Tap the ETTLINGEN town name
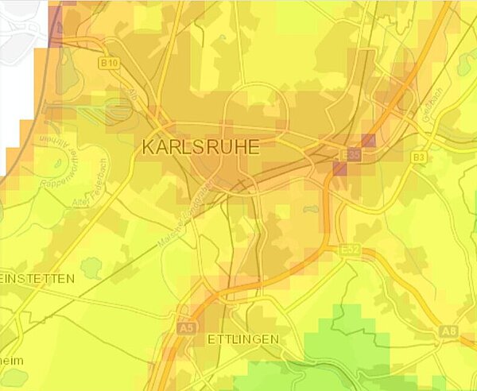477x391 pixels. click(x=242, y=339)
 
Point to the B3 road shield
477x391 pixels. click(x=419, y=158)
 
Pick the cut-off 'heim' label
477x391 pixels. click(x=11, y=360)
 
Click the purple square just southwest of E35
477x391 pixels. click(x=339, y=168)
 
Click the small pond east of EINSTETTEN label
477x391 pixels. click(x=91, y=268)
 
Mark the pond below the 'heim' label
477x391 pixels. click(x=13, y=377)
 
